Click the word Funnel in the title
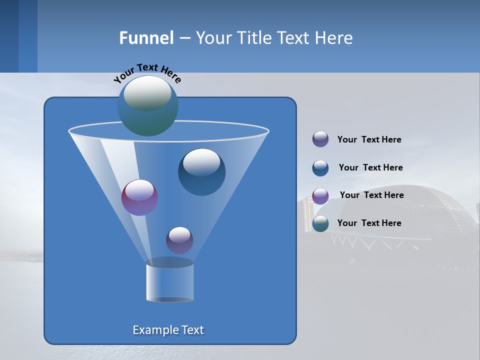(146, 38)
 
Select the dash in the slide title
(184, 38)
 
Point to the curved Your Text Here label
(147, 73)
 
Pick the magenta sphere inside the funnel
(139, 198)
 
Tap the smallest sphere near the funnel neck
(179, 240)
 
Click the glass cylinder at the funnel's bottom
(169, 283)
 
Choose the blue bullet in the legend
(320, 168)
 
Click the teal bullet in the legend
(320, 223)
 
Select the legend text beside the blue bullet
(370, 167)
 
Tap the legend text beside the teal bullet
(369, 223)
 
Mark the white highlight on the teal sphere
(147, 93)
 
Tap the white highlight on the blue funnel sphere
(201, 161)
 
